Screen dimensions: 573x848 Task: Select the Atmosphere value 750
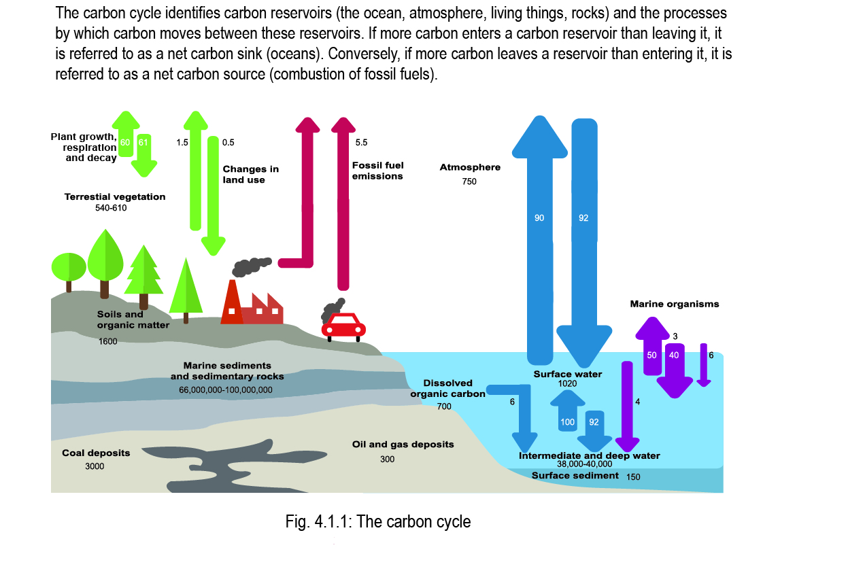469,181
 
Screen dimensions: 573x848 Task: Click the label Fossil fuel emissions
377,171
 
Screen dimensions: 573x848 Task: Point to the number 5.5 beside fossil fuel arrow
361,143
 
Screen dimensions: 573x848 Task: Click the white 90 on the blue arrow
539,218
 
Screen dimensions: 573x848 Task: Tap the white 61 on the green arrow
143,142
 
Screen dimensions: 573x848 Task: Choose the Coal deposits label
96,453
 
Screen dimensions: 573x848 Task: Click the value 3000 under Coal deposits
95,466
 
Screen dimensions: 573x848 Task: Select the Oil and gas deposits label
403,445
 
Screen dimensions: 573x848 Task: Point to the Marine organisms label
674,304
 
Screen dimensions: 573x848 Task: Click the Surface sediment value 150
633,476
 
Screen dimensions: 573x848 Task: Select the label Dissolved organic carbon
448,388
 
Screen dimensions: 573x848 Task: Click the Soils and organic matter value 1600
107,341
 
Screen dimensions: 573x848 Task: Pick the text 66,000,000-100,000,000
226,390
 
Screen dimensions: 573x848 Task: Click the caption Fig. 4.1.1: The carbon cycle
378,522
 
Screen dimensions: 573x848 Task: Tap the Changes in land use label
250,175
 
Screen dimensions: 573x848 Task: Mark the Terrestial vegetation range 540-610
111,208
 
